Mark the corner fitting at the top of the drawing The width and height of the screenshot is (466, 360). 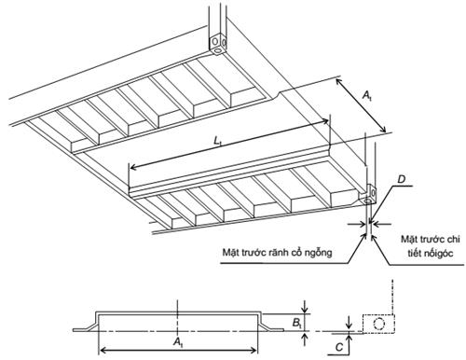[218, 43]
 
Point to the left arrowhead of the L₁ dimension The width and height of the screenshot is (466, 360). [131, 167]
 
